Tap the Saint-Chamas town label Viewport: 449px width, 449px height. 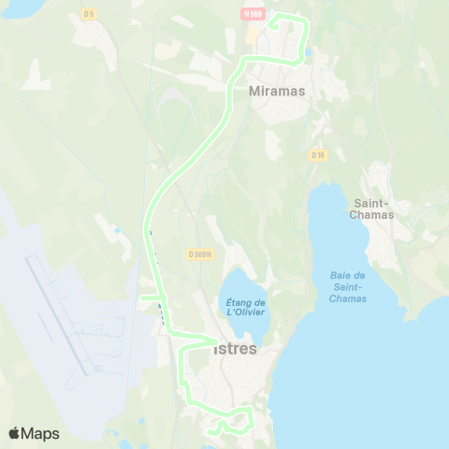377,207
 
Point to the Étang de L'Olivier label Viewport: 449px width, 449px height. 246,308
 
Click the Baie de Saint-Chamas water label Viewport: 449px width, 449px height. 348,286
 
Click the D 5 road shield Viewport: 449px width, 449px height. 89,13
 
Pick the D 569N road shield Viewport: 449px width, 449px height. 200,253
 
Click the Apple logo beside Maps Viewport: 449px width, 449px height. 15,433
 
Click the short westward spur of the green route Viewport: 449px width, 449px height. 149,299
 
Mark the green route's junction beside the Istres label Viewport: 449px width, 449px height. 215,340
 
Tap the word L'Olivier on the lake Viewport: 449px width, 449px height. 247,313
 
